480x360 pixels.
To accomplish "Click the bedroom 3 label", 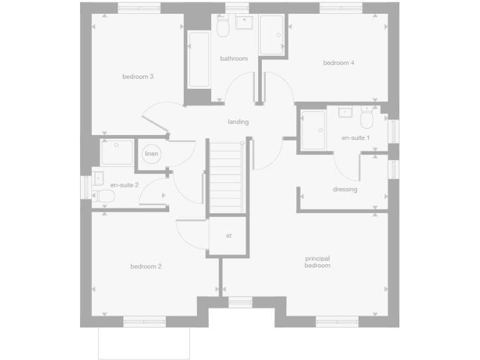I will coord(138,77).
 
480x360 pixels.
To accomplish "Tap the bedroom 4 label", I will coord(339,62).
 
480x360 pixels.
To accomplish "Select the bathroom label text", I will coord(234,59).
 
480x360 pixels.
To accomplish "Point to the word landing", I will coord(238,122).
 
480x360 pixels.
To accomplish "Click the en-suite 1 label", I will coord(356,137).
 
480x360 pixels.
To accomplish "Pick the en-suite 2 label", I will coord(124,185).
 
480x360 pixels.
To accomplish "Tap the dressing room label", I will coord(345,189).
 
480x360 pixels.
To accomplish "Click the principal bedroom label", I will coord(317,262).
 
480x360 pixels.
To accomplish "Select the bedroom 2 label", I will coord(146,266).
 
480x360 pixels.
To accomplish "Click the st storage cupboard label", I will coord(229,236).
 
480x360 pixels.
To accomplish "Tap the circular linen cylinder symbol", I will coord(151,154).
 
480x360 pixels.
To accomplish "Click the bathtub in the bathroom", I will coord(199,60).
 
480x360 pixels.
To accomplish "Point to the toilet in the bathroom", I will coord(222,27).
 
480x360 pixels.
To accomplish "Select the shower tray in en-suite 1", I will coord(313,130).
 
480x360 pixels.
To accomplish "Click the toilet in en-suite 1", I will coord(367,118).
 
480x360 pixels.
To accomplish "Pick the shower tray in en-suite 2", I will coord(117,153).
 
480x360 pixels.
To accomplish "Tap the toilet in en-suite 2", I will coord(105,197).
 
